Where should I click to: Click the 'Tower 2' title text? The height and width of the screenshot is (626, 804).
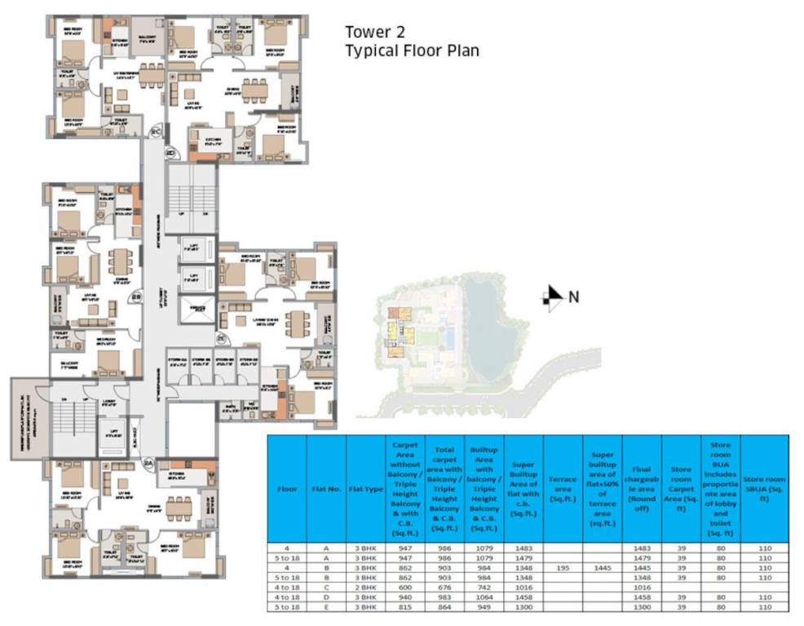pyautogui.click(x=378, y=33)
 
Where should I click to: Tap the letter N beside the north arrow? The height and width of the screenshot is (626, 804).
pyautogui.click(x=574, y=298)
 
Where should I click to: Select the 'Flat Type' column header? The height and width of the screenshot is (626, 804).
pyautogui.click(x=365, y=490)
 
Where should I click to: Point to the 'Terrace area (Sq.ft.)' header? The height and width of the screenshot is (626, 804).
pyautogui.click(x=563, y=490)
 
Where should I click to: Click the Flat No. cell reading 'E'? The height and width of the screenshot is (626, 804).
pyautogui.click(x=326, y=607)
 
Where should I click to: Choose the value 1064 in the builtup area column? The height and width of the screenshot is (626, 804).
pyautogui.click(x=484, y=597)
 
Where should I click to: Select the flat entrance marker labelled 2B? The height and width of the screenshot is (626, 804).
pyautogui.click(x=137, y=298)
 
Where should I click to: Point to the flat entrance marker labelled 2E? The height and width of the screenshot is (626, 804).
pyautogui.click(x=221, y=337)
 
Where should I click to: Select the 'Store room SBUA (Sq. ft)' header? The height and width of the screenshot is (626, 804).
pyautogui.click(x=764, y=490)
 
